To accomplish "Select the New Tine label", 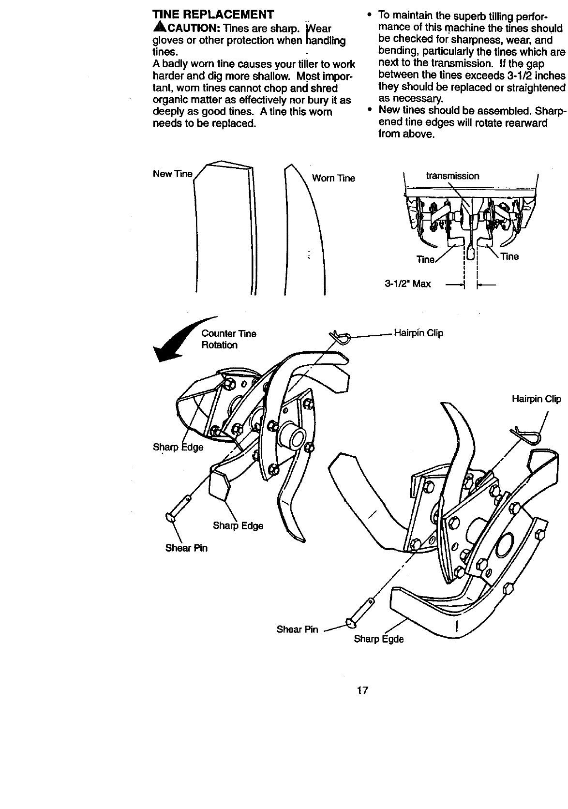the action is coord(172,174).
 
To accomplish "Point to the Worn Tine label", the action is coord(333,179).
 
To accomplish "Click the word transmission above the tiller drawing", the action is coord(452,176).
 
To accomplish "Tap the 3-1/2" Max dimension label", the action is coord(407,284).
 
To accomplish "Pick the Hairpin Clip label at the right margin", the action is coord(536,399).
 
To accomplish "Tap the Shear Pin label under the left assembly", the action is coord(186,548).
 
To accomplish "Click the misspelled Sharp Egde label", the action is coord(378,639).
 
